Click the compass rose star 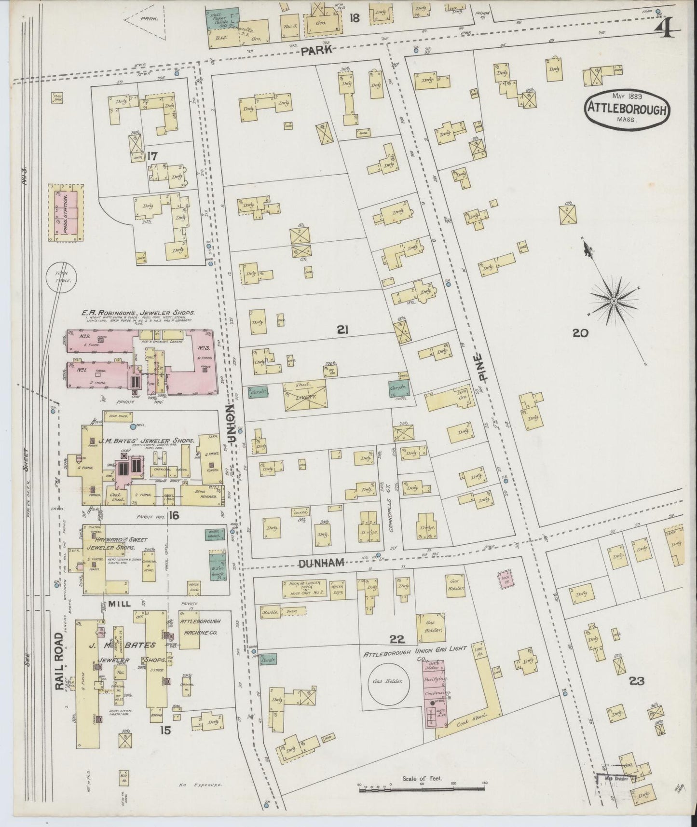(x=614, y=301)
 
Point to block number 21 (x=342, y=330)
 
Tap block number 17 (x=153, y=156)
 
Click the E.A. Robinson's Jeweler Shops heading (x=138, y=313)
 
